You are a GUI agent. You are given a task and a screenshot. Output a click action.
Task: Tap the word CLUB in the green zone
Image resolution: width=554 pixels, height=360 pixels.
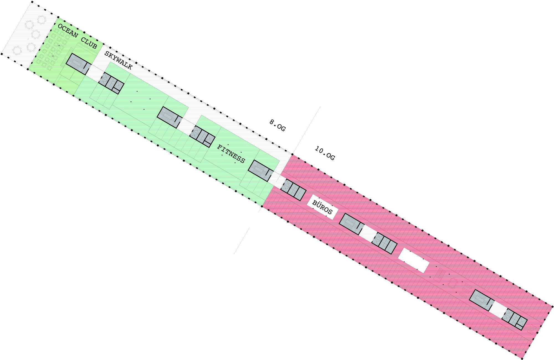(89, 43)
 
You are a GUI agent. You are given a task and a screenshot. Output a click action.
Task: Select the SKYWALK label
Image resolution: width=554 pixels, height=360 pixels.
(118, 60)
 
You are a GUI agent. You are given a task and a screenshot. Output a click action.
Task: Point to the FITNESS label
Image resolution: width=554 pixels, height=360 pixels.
(231, 154)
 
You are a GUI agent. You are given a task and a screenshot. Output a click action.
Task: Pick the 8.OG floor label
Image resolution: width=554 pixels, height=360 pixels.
(277, 125)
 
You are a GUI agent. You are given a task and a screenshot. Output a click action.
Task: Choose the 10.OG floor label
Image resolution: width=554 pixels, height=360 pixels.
(325, 153)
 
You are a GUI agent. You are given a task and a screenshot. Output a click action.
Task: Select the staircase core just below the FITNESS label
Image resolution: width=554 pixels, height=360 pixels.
(261, 171)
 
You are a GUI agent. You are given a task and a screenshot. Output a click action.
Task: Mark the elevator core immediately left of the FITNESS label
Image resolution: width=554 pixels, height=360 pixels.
(202, 136)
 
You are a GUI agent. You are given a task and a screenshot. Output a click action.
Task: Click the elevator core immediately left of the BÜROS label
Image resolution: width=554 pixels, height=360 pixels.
(293, 190)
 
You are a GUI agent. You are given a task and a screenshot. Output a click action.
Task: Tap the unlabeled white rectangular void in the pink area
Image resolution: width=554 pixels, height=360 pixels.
(414, 260)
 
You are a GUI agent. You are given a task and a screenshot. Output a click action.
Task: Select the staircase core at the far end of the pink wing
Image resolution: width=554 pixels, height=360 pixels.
(482, 300)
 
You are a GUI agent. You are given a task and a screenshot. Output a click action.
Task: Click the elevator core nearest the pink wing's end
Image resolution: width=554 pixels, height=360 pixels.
(514, 319)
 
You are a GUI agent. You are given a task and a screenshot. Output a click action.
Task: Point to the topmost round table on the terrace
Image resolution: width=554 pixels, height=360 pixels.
(41, 20)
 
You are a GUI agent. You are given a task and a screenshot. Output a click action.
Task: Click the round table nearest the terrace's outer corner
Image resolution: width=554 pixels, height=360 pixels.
(17, 51)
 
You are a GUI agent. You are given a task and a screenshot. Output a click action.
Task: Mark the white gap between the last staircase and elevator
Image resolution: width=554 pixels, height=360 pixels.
(499, 310)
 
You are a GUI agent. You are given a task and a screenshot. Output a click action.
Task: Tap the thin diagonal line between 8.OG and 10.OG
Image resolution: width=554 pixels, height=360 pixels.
(277, 180)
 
